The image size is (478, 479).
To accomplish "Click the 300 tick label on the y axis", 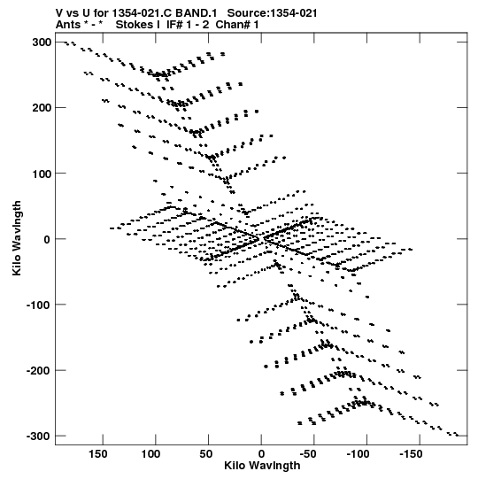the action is [42, 42].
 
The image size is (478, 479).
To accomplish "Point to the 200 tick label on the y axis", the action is [42, 108].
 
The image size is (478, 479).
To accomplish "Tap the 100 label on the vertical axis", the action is [42, 174].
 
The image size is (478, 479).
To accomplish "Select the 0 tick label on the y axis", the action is [47, 239].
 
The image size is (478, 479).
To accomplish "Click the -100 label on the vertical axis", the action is [39, 305].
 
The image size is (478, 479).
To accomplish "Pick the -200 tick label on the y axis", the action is [39, 371].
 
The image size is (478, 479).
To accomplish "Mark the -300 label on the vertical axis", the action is [39, 436].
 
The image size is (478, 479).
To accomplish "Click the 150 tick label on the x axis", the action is [97, 454].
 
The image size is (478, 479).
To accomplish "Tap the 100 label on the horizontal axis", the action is [150, 454].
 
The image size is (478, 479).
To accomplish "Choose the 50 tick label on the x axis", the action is [206, 454].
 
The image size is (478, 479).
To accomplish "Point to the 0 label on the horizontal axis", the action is [261, 454].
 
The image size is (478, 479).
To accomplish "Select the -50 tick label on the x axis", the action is [308, 454].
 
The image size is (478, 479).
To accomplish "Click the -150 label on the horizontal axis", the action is [411, 454].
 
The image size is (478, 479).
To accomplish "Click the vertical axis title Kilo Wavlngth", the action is [17, 238].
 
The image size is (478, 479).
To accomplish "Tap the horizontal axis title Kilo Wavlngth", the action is [262, 466].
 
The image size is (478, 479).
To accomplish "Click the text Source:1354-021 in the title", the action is [272, 13].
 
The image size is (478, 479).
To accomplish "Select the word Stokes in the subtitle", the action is [137, 25].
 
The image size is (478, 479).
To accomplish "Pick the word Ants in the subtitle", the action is [67, 25].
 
